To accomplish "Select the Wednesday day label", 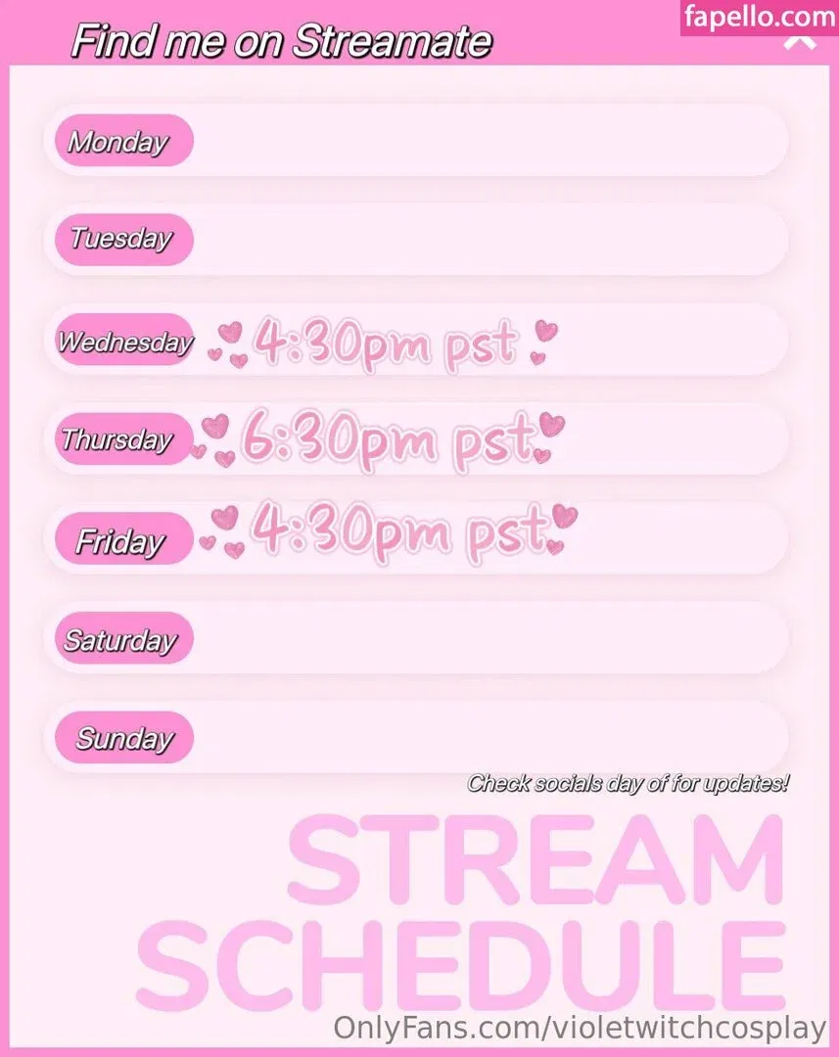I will click(123, 341).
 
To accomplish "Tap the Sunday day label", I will click(123, 738).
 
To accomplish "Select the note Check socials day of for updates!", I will click(628, 784).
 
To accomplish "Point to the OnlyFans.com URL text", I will click(580, 1029).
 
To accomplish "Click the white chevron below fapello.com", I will click(800, 42).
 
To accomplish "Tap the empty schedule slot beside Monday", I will click(489, 141).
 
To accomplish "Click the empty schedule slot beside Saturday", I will click(489, 639).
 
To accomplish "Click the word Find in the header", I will click(103, 41).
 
